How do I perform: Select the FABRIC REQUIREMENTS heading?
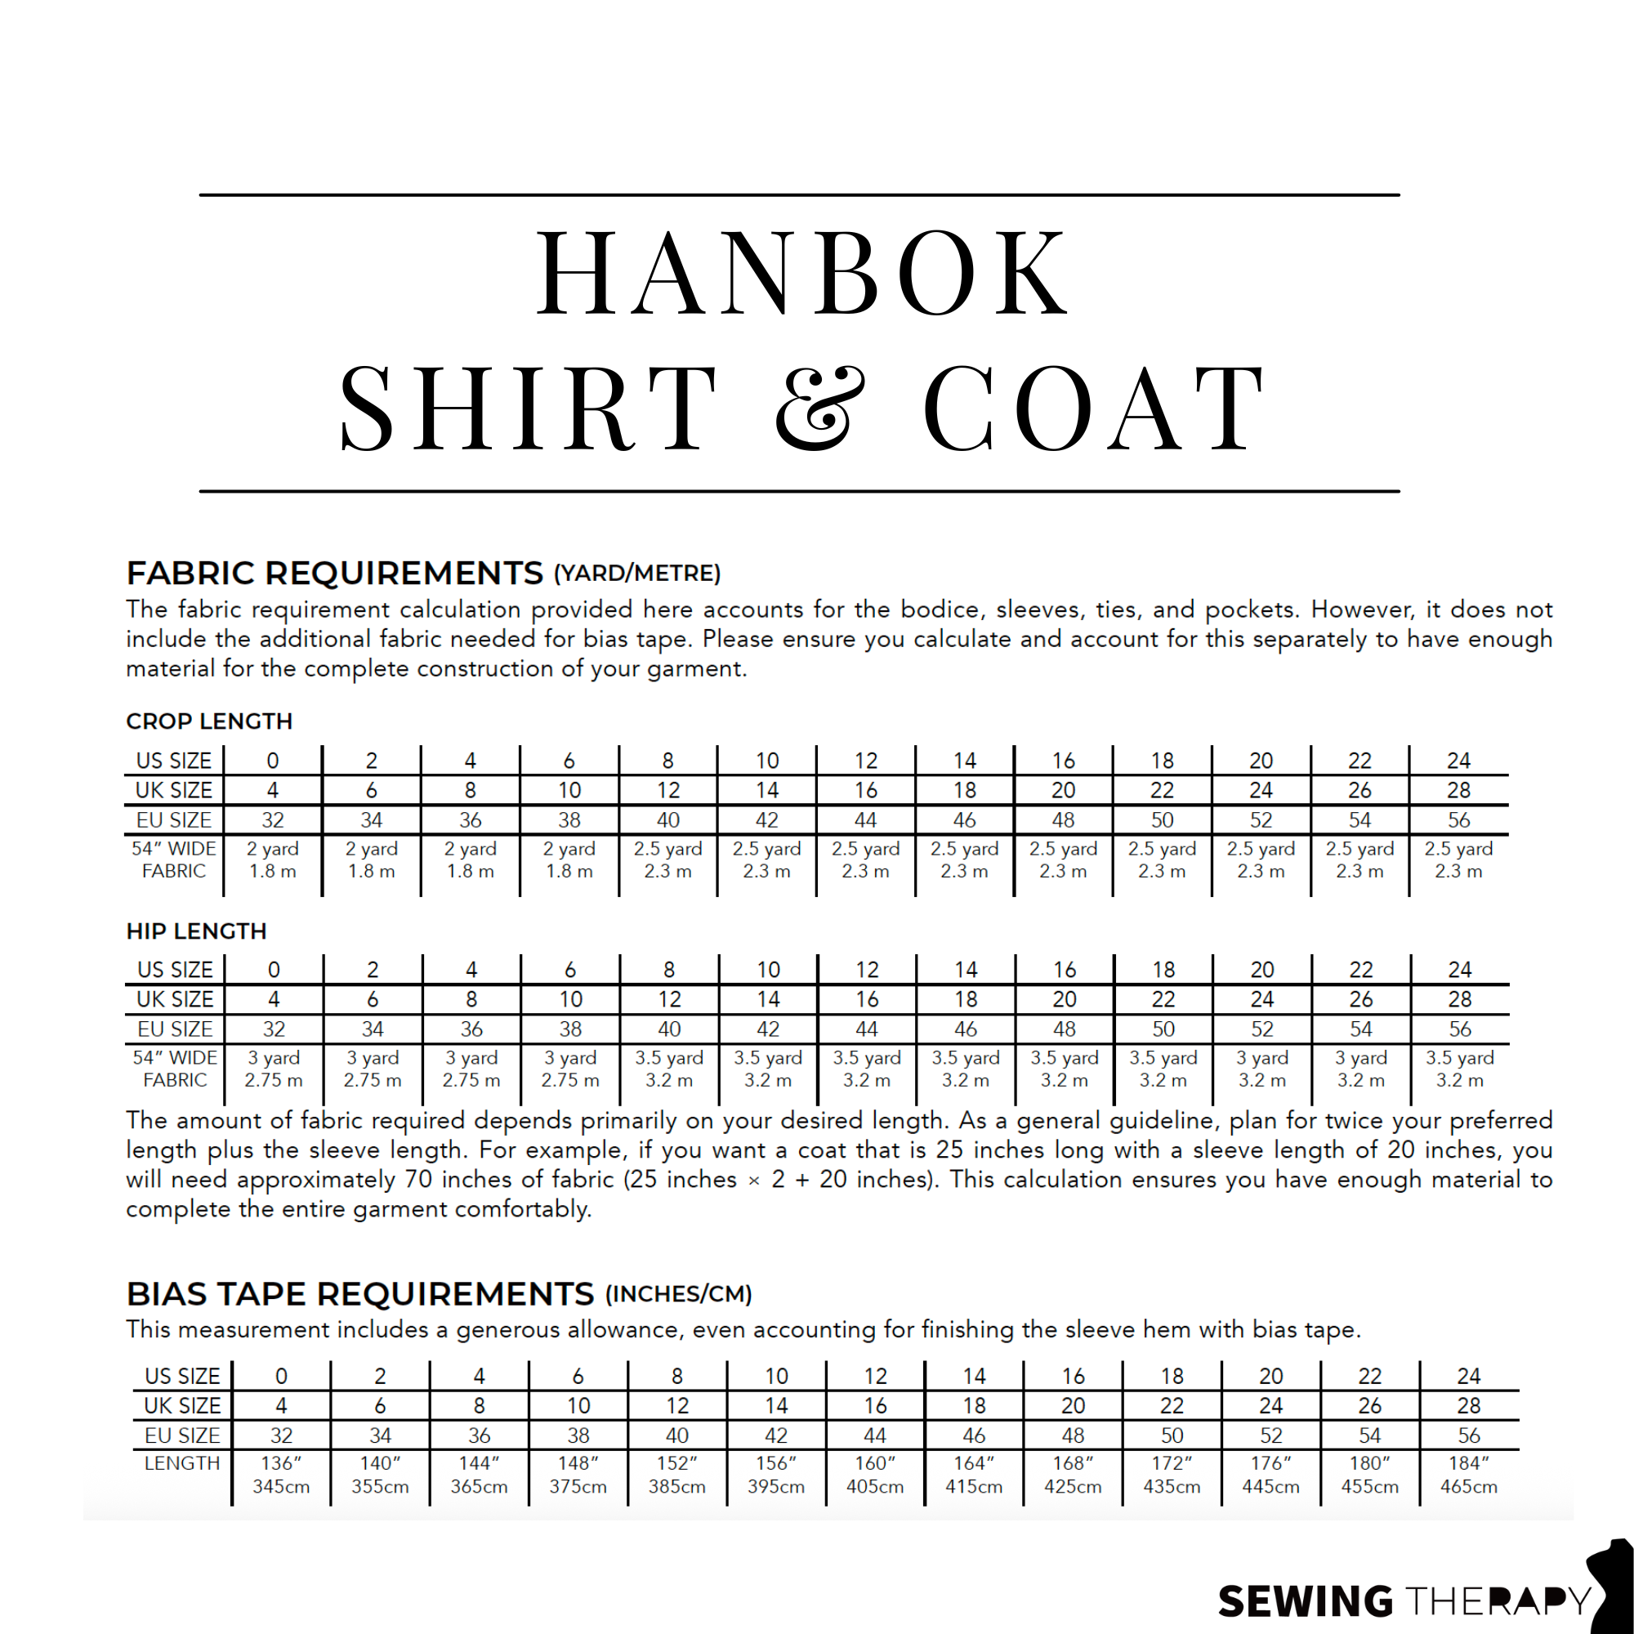(334, 574)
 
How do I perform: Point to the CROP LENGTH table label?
(209, 721)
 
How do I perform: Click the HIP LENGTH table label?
(196, 931)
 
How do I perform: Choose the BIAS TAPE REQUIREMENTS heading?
(359, 1294)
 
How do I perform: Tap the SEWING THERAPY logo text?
(1404, 1601)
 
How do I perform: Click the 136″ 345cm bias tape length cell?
(281, 1475)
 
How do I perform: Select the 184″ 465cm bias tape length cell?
(1468, 1475)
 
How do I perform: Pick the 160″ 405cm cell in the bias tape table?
(874, 1475)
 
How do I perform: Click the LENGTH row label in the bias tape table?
(182, 1464)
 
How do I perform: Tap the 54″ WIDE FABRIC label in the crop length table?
(173, 860)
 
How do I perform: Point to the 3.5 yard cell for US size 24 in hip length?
(1460, 1069)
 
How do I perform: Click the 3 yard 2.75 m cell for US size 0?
(273, 1069)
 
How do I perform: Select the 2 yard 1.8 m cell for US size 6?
(569, 860)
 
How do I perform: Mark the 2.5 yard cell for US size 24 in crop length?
(1458, 860)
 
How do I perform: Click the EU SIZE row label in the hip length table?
(175, 1029)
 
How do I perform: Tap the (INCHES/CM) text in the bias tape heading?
(678, 1295)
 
